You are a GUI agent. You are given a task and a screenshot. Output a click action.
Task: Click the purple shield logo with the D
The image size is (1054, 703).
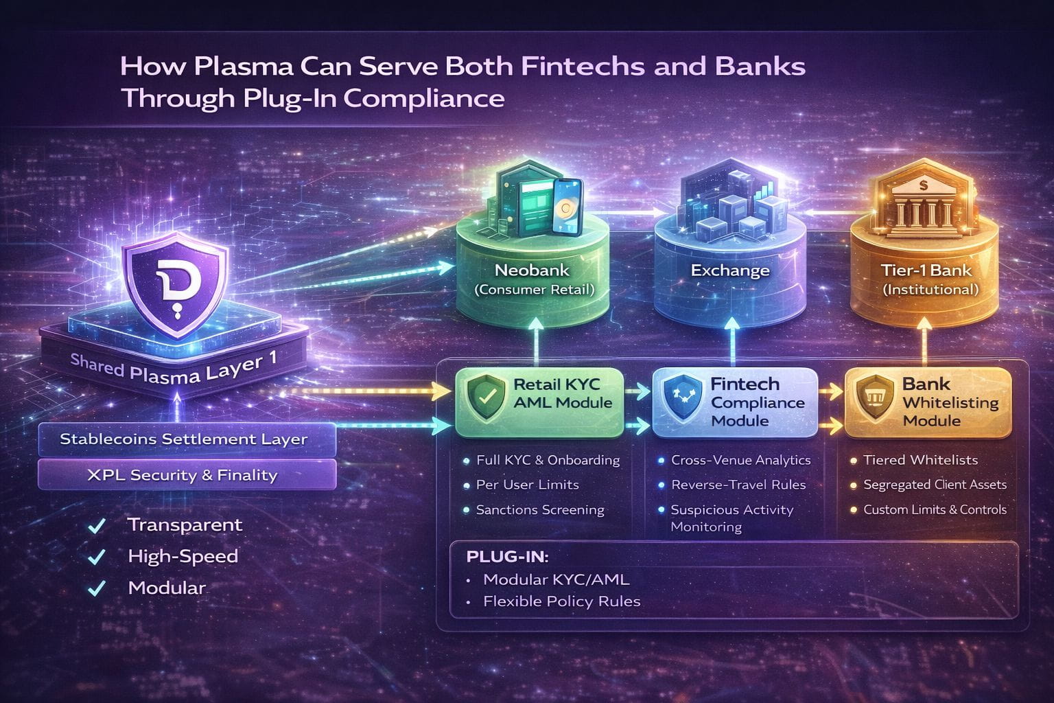click(x=175, y=282)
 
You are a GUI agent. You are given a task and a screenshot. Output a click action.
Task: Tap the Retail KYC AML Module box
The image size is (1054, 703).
click(x=539, y=402)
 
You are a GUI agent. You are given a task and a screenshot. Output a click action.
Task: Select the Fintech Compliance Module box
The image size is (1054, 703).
click(x=734, y=402)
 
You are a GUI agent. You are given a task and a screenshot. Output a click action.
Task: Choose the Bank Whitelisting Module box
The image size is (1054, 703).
click(x=928, y=402)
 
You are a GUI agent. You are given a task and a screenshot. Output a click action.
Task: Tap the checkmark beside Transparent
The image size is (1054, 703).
click(x=97, y=526)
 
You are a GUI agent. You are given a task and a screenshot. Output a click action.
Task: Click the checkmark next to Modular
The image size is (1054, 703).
click(x=97, y=588)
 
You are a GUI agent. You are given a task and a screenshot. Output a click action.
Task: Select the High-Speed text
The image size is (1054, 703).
click(x=183, y=556)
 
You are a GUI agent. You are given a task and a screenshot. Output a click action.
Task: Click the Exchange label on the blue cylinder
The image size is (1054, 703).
click(x=729, y=270)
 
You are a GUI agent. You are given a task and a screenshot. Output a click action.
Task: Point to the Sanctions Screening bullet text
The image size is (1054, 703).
click(x=540, y=510)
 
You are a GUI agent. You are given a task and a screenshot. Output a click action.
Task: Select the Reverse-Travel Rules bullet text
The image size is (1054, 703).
click(x=738, y=485)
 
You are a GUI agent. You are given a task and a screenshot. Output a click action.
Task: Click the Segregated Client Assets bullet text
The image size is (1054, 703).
click(x=935, y=485)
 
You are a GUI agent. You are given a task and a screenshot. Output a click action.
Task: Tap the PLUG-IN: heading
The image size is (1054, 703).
click(x=503, y=556)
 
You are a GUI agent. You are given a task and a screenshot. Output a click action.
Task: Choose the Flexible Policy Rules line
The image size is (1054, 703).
click(x=561, y=601)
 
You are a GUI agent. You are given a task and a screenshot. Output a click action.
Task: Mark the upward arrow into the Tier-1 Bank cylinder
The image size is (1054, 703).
click(x=924, y=343)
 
